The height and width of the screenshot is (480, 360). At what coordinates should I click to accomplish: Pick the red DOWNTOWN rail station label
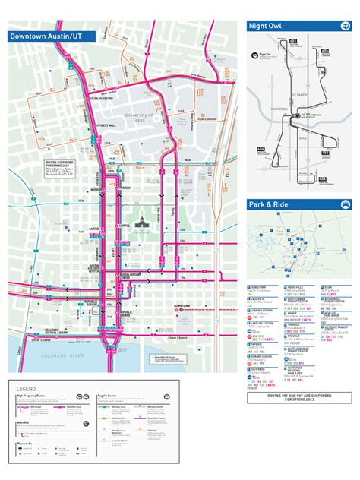[182, 305]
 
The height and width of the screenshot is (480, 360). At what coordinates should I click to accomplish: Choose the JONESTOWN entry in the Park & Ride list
[258, 287]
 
